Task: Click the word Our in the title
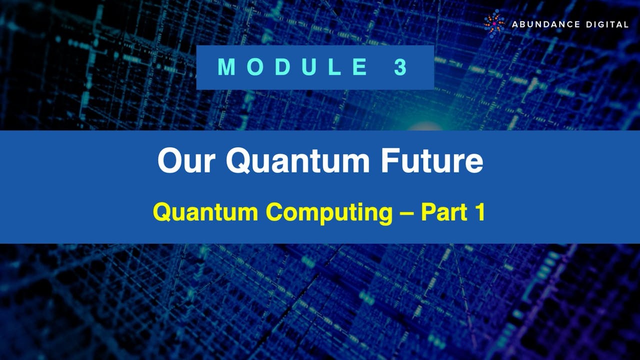click(x=187, y=161)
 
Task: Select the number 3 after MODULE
click(x=400, y=67)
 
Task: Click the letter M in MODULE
click(x=227, y=67)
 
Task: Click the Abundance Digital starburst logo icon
click(x=494, y=24)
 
